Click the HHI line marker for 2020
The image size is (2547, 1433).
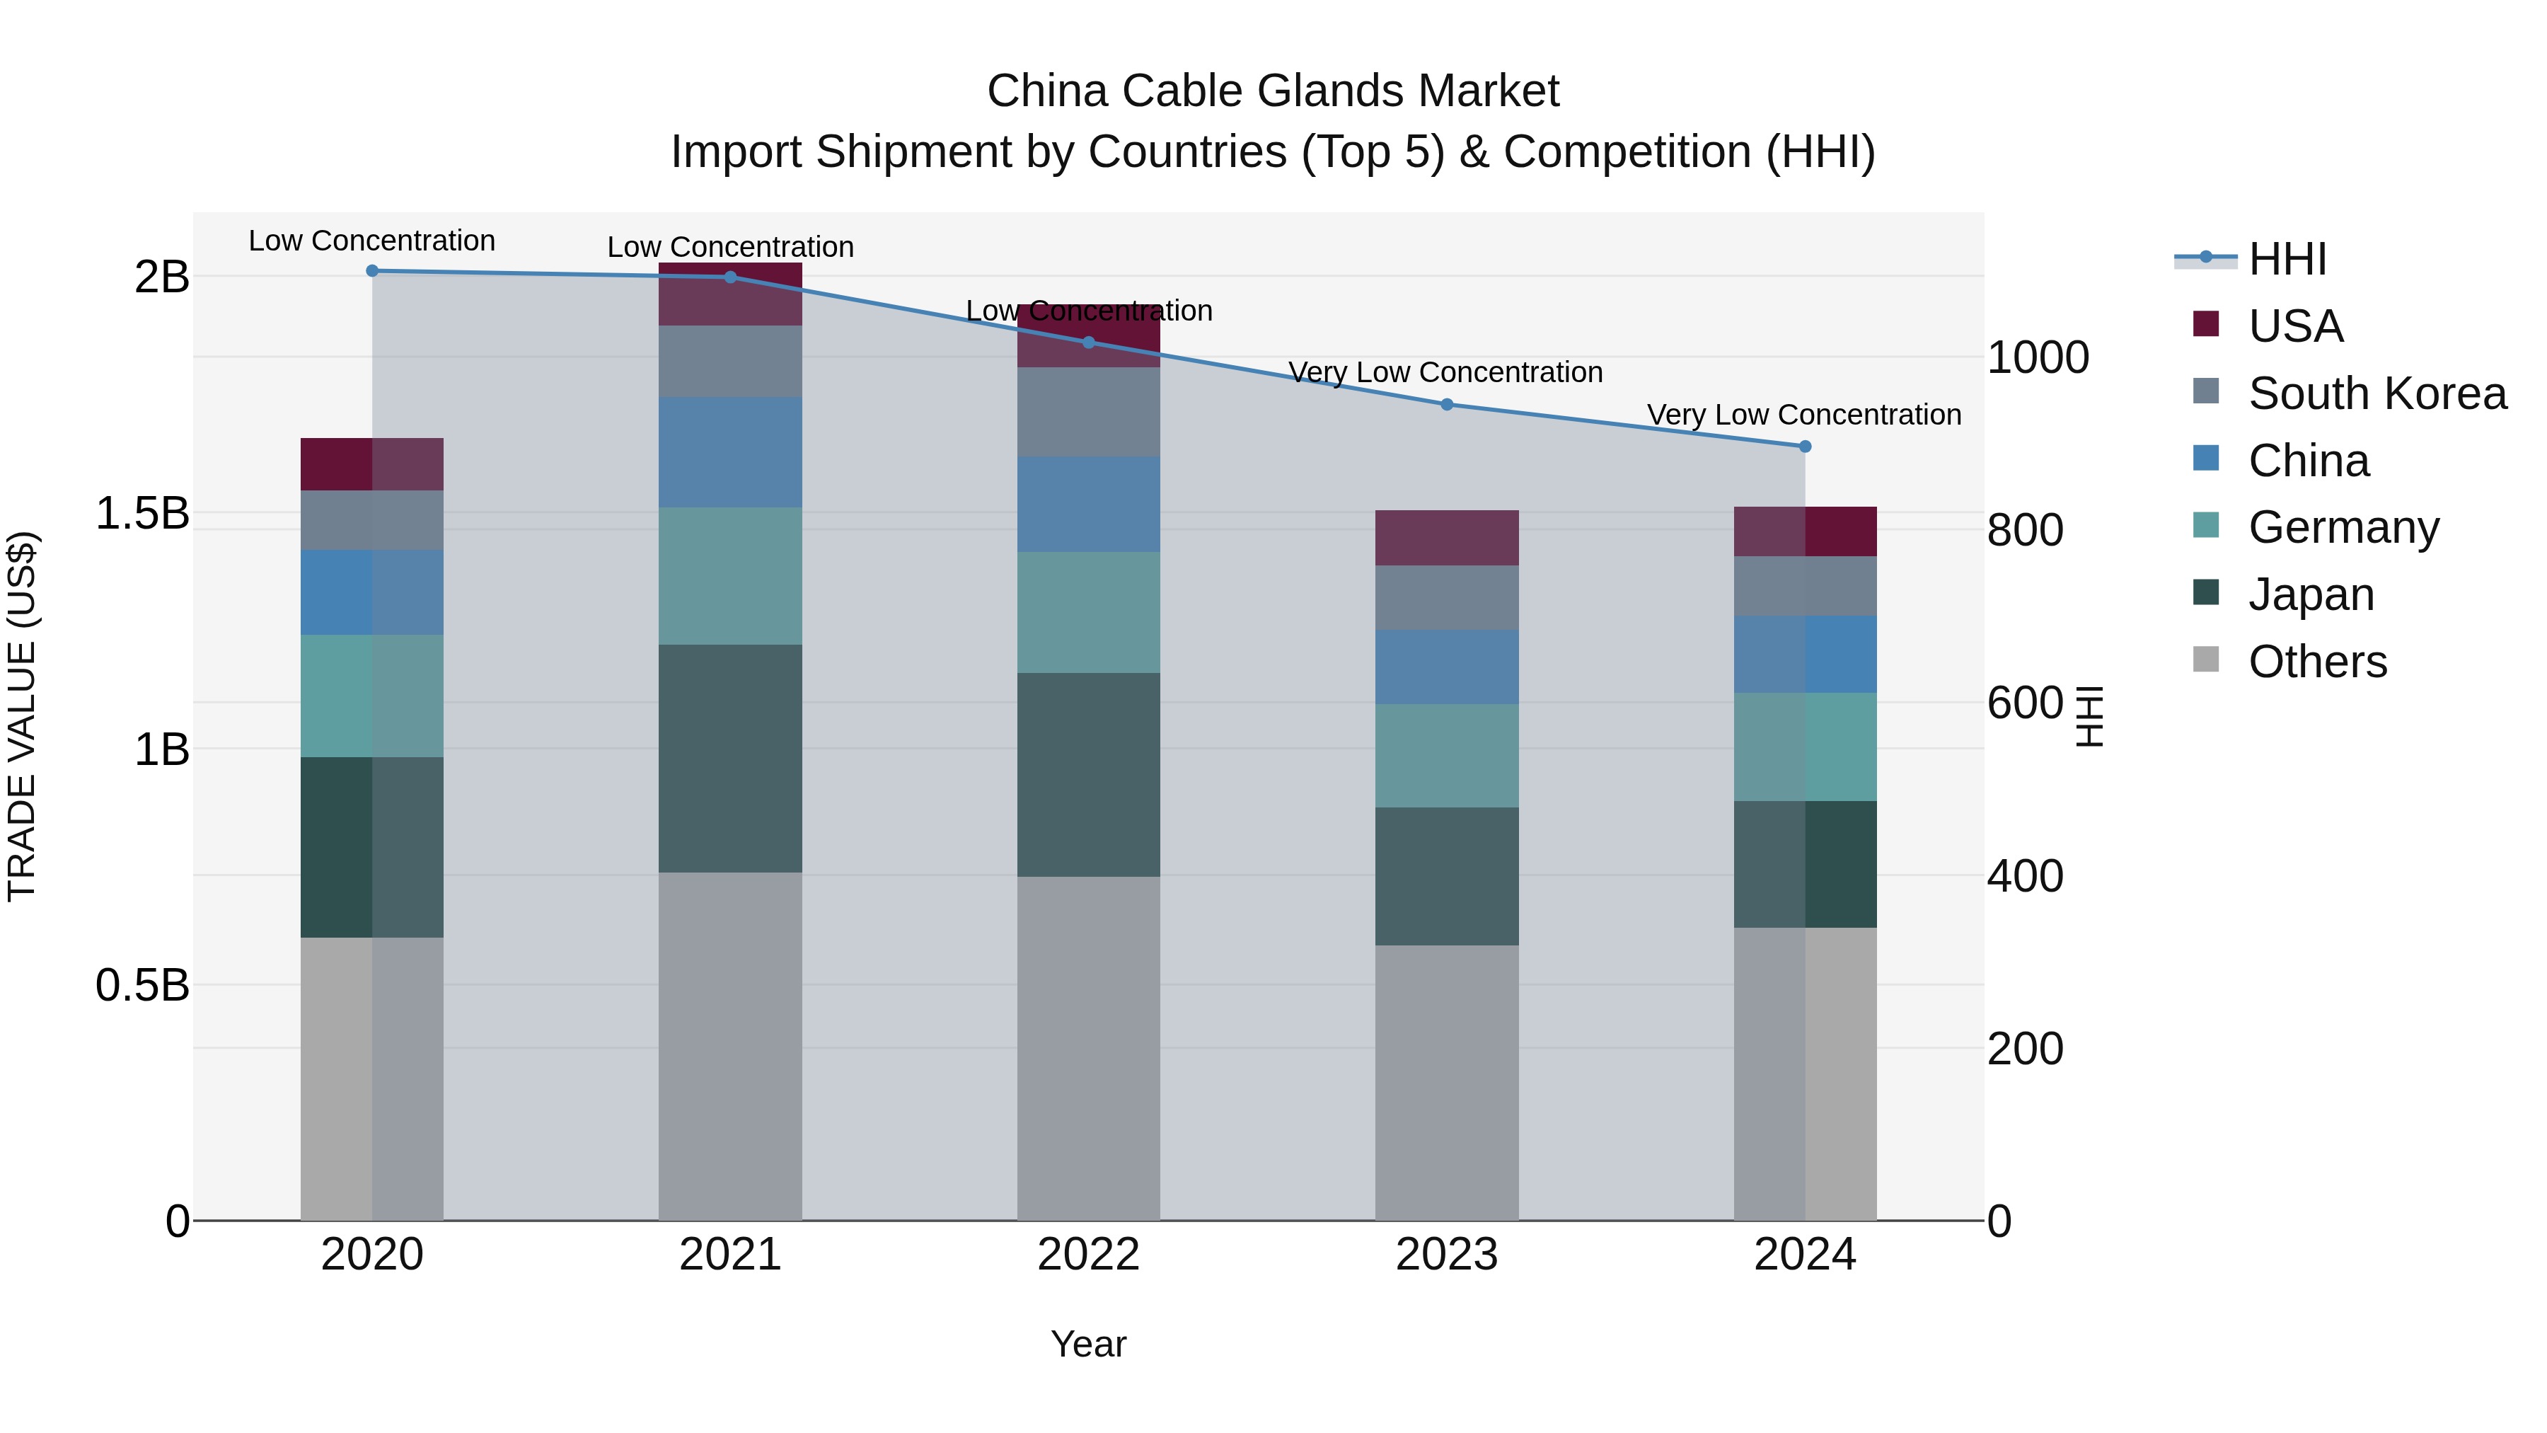371,271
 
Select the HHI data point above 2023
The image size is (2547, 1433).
1447,405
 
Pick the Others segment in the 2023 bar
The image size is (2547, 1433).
1447,1082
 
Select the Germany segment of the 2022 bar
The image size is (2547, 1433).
1089,612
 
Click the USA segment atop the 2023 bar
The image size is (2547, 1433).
1447,538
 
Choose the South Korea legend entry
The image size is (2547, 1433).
2377,393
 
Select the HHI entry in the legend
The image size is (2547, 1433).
2287,259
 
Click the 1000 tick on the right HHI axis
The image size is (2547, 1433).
2038,358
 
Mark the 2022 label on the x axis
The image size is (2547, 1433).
1089,1255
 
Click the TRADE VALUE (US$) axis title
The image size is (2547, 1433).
23,716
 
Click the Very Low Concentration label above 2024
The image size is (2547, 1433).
1804,415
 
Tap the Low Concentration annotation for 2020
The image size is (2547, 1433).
371,241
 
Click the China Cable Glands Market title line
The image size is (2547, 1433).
1273,91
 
